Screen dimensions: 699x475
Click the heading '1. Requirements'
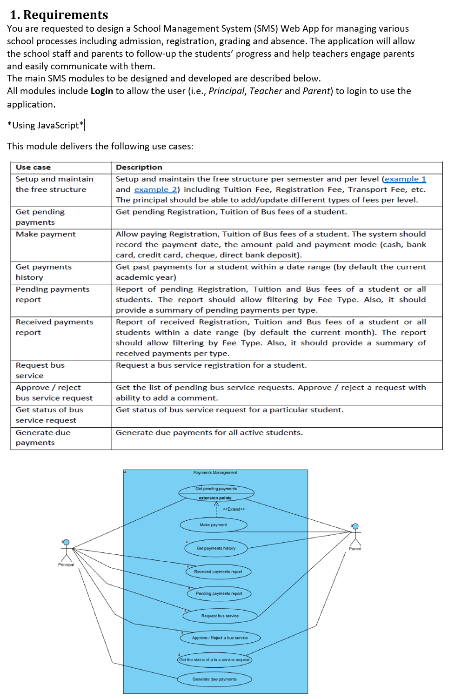click(59, 15)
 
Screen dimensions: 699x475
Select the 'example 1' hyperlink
click(405, 179)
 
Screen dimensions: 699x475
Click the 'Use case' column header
click(33, 168)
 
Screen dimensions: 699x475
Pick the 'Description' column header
click(139, 168)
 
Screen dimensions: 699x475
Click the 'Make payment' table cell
click(46, 234)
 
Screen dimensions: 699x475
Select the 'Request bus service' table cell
click(40, 370)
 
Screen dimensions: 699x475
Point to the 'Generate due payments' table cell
click(43, 437)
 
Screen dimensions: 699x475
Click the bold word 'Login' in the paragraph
click(101, 91)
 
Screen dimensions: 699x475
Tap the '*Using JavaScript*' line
click(46, 126)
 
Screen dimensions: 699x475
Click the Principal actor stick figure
click(66, 551)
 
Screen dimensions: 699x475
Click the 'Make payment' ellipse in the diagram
click(214, 525)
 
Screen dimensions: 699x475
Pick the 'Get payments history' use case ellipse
click(216, 548)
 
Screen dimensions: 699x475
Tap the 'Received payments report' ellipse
click(218, 571)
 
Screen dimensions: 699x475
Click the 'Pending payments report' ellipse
click(219, 593)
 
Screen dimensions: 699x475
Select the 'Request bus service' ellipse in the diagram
click(220, 616)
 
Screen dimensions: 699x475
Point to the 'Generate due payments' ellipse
click(214, 679)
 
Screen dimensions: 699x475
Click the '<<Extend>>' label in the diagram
click(234, 509)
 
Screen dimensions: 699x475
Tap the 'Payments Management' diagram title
click(215, 472)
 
